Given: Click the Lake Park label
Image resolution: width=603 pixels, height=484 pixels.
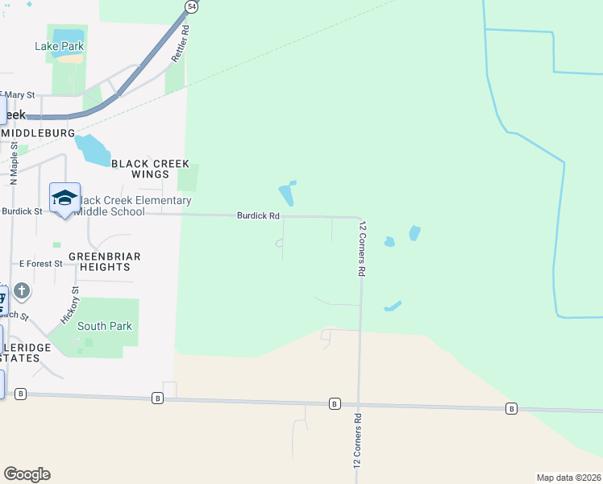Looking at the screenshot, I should coord(60,46).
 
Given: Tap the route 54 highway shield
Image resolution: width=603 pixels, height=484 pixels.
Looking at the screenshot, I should coord(191,6).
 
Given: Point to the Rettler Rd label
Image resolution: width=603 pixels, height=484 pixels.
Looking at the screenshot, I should coord(179,44).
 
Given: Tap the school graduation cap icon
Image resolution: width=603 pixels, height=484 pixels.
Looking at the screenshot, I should coord(64,198).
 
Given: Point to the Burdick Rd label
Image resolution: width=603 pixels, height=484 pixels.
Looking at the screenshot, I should coord(258,216).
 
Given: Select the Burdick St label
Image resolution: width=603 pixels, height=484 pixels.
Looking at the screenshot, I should coord(22,211).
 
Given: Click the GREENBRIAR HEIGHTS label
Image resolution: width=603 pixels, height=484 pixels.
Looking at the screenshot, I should coord(105,262).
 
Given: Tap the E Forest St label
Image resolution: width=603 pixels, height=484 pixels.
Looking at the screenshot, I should coord(40,264).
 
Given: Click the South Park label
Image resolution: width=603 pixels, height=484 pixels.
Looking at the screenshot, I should coord(105,327).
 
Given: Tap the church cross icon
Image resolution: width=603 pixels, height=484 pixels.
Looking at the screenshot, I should coord(22,290).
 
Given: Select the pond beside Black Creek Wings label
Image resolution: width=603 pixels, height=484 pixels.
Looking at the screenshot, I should coord(92,150).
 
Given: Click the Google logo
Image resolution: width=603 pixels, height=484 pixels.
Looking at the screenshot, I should coord(27,474).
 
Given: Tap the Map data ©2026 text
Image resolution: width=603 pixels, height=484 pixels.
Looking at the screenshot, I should coord(568,478).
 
